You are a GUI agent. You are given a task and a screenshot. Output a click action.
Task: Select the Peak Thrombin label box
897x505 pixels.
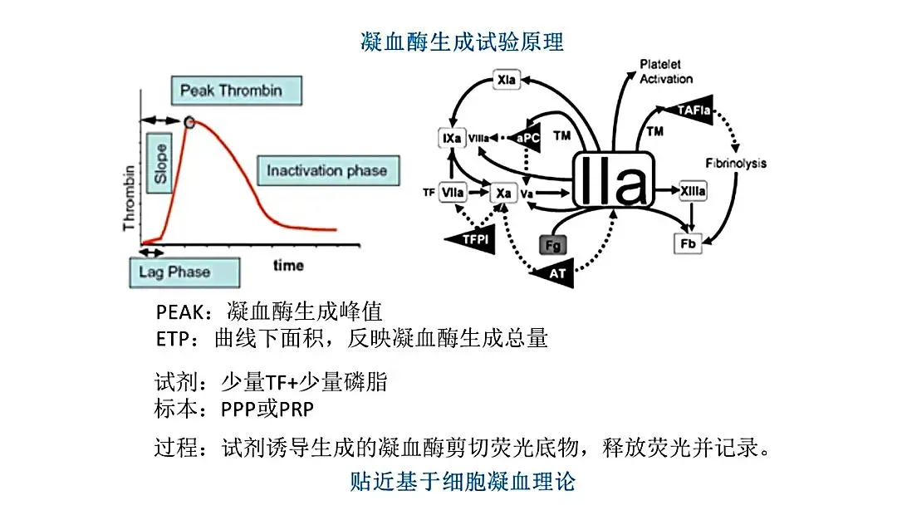click(x=231, y=90)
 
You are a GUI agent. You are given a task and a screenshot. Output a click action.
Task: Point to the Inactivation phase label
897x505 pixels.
click(x=326, y=170)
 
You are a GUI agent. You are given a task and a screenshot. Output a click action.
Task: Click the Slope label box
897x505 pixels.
click(x=160, y=162)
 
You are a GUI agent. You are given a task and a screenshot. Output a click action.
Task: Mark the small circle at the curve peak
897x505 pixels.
click(x=190, y=123)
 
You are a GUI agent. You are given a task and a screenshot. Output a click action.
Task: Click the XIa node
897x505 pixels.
click(x=506, y=81)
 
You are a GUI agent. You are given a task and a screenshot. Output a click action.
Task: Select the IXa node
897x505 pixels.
click(x=452, y=138)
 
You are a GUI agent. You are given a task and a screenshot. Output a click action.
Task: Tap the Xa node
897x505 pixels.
click(x=502, y=193)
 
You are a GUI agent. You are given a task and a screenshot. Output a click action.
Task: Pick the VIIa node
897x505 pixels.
click(x=453, y=193)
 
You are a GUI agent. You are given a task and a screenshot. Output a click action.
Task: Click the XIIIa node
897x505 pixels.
click(x=693, y=192)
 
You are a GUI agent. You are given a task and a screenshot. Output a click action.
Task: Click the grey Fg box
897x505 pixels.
click(x=552, y=244)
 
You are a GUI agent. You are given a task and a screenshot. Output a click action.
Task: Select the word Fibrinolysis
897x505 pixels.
click(x=736, y=164)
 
